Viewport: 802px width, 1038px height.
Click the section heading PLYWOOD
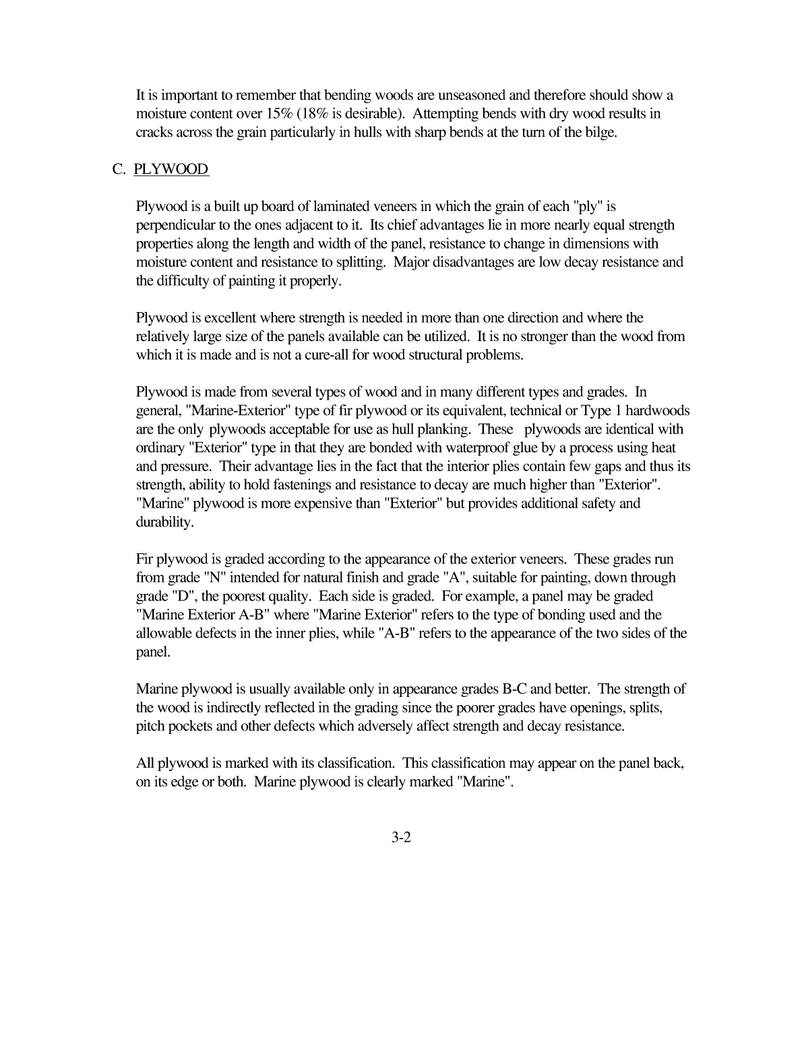coord(171,169)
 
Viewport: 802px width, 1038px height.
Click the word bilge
coord(598,132)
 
